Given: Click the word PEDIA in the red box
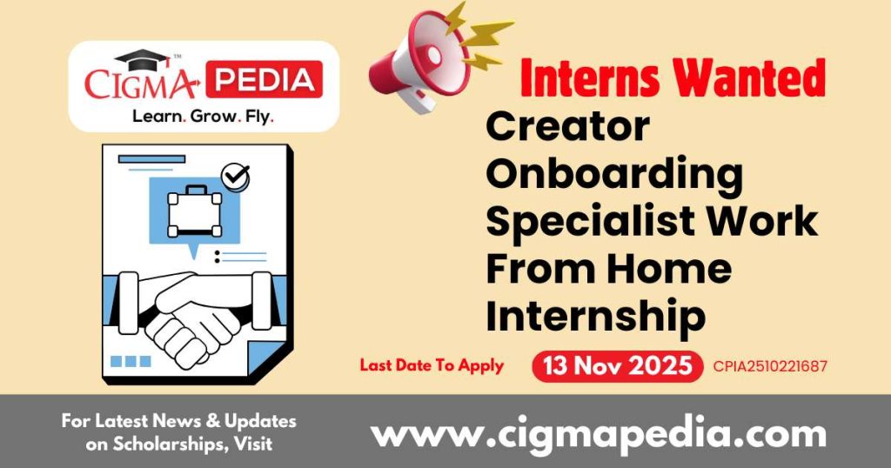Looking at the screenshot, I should [266, 79].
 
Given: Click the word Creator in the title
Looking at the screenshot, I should [567, 127].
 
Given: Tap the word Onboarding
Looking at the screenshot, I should [614, 174].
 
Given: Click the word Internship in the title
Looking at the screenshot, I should [595, 317].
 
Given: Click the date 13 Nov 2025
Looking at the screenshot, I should [617, 366].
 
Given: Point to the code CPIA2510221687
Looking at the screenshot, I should [769, 366].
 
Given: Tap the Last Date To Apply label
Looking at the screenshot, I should [432, 365].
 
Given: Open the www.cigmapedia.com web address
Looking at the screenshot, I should [599, 432].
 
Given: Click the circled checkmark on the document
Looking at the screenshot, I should [234, 177].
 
